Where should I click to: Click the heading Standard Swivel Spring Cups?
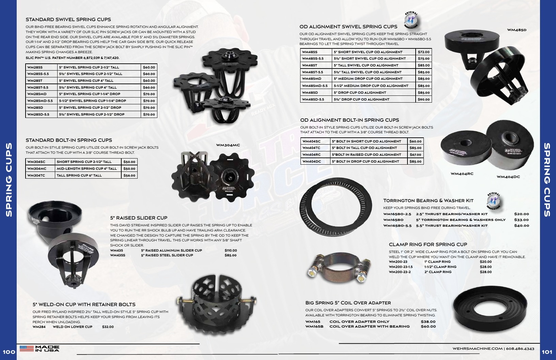[68, 19]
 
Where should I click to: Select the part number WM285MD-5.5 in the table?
[40, 101]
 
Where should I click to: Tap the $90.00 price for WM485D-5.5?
[423, 100]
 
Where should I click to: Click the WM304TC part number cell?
[36, 176]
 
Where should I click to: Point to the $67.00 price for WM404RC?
[415, 154]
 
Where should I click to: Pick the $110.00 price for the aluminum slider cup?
[231, 251]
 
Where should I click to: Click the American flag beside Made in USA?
[27, 348]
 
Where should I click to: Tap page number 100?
[9, 352]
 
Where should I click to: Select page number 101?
[547, 352]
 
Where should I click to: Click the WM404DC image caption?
[508, 177]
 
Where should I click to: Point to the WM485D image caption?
[516, 30]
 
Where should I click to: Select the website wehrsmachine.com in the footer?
[477, 348]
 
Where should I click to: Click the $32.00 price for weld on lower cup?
[108, 327]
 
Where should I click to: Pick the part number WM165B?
[314, 327]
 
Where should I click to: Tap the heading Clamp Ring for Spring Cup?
[428, 244]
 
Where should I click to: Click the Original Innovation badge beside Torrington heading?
[494, 201]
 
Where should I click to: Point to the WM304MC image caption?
[228, 145]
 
